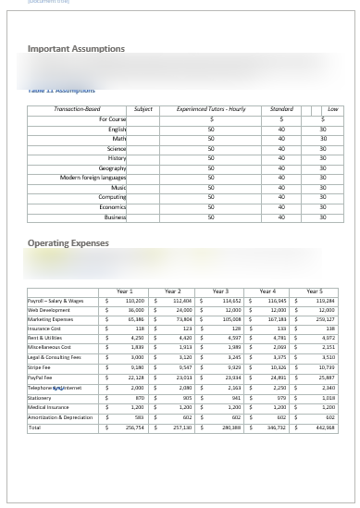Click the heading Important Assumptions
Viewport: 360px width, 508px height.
tap(76, 48)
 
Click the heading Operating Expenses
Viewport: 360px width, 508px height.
tap(68, 243)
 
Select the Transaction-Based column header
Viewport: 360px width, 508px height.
tap(79, 109)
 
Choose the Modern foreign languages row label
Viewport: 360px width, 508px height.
tap(93, 178)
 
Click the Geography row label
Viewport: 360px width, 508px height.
tap(112, 168)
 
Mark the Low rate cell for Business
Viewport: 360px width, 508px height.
tap(323, 217)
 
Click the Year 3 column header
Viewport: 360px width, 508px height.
tap(219, 291)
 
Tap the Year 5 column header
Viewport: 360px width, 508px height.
tap(315, 291)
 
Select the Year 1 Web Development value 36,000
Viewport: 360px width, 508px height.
tap(134, 310)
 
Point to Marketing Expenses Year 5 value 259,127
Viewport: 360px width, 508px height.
tap(324, 319)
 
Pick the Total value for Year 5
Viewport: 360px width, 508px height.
tap(324, 427)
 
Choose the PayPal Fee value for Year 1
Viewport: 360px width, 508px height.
tap(134, 378)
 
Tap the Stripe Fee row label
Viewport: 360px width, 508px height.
tap(40, 368)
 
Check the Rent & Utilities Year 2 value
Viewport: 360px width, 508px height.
tap(181, 339)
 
